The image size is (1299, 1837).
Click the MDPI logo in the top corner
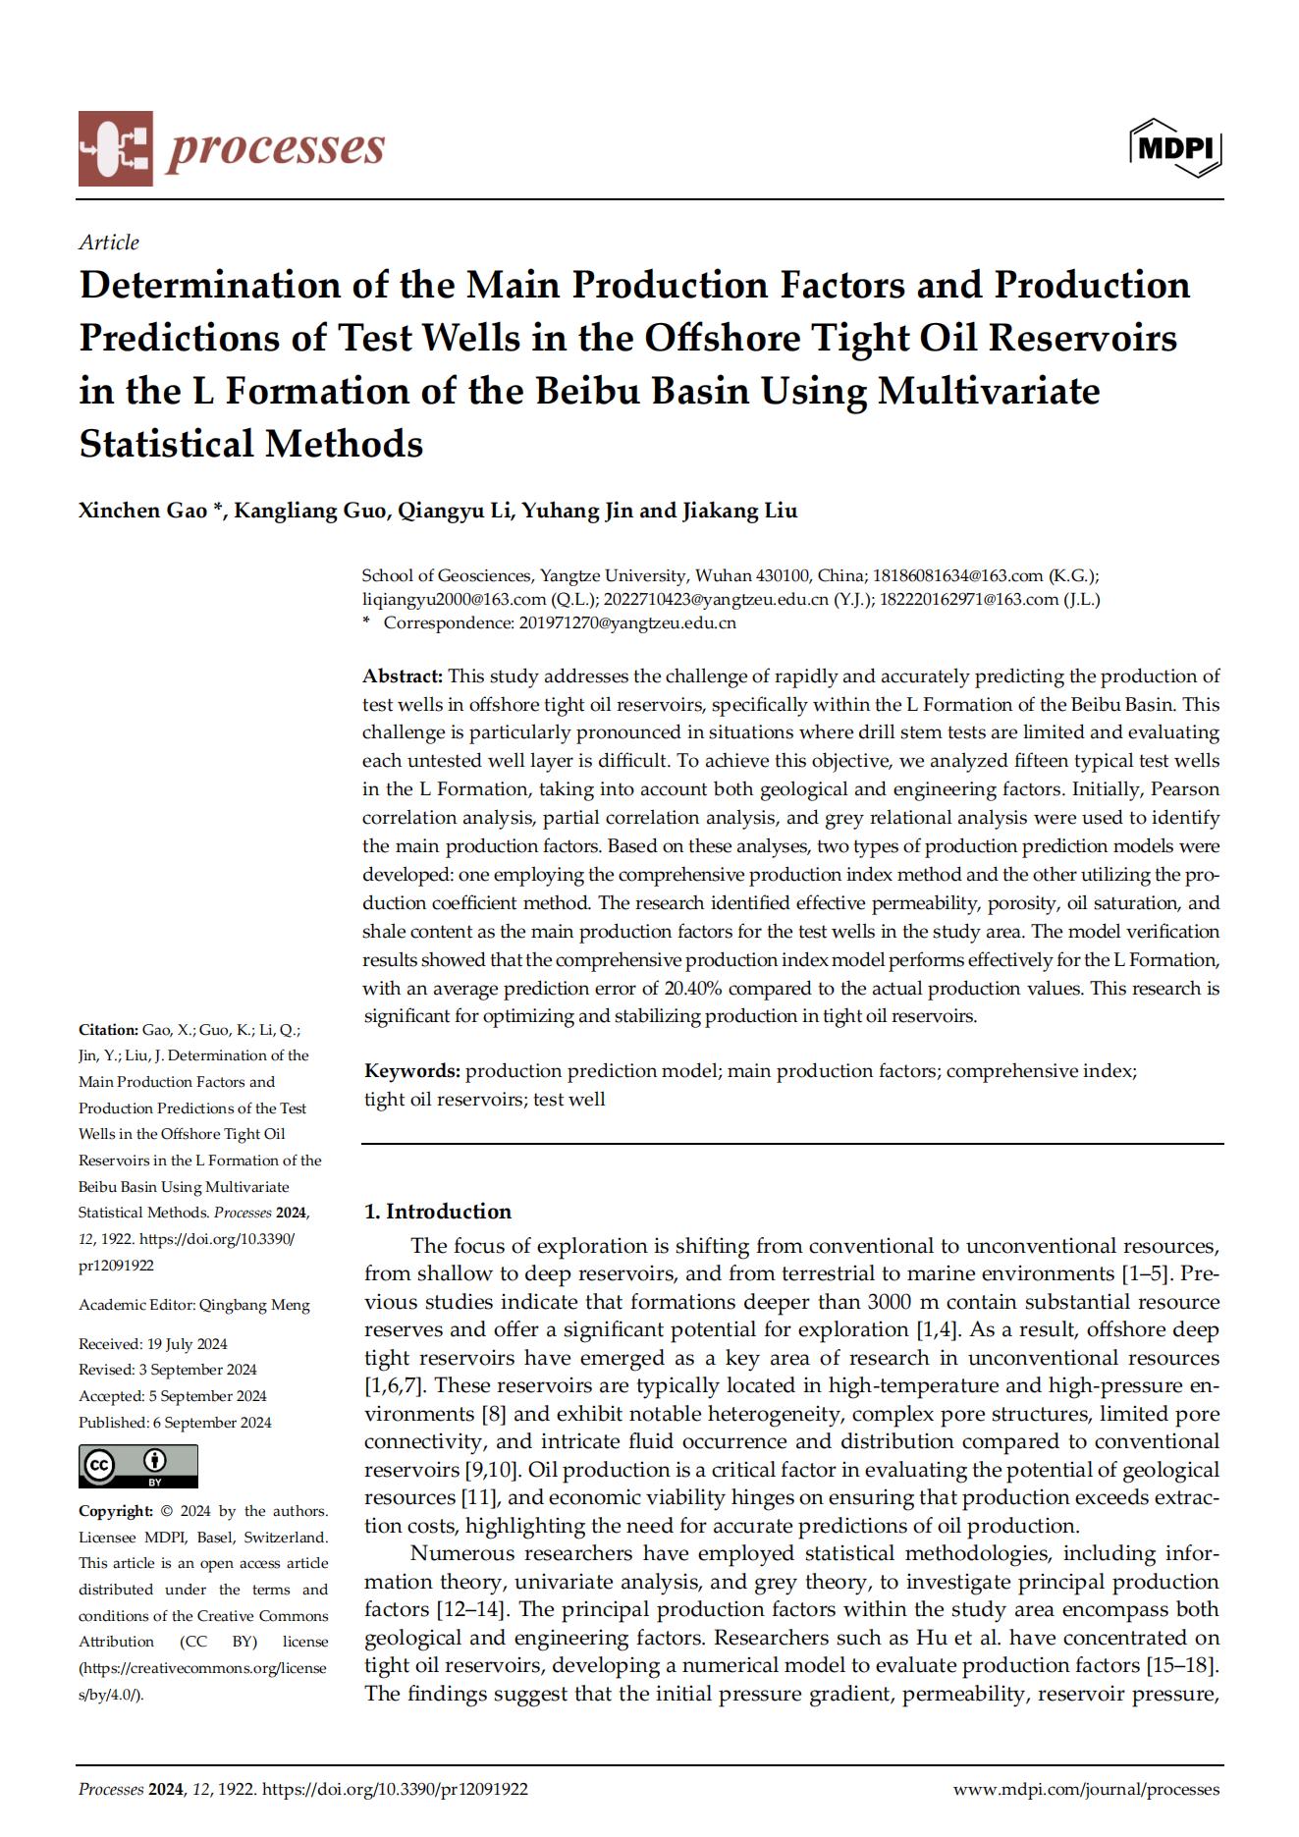point(1176,148)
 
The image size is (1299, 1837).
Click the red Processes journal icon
point(116,148)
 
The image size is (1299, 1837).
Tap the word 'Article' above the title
point(109,243)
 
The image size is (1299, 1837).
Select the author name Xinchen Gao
point(143,511)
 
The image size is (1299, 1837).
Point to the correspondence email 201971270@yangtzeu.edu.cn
point(626,622)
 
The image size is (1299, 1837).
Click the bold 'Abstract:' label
point(403,676)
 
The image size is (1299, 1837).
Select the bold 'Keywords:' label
point(412,1071)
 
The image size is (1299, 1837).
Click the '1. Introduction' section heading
point(438,1212)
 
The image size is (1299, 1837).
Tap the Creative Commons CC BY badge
point(138,1466)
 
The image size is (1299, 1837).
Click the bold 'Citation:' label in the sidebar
point(108,1030)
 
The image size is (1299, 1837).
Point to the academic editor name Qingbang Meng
point(254,1305)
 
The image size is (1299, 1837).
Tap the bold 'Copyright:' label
point(115,1511)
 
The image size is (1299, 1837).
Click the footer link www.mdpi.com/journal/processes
point(1087,1790)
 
